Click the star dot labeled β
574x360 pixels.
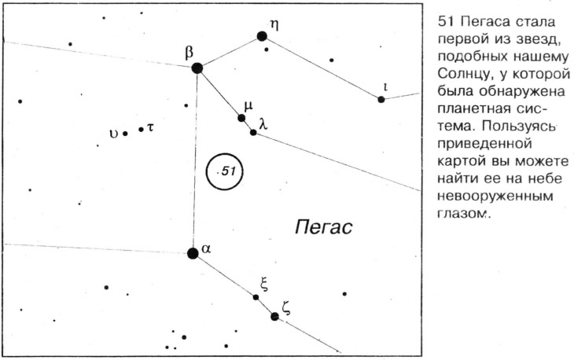tap(197, 68)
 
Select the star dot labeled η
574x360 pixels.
tap(262, 36)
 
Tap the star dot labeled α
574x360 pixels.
tap(193, 253)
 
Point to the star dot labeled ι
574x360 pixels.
tap(381, 99)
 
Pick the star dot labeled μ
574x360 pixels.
tap(241, 118)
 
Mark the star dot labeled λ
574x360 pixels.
tap(253, 132)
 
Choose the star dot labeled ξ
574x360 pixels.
tap(256, 297)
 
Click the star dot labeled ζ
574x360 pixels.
tap(274, 317)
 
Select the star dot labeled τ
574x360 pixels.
tap(141, 129)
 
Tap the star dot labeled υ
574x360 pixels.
tap(125, 134)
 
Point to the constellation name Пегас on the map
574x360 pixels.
tap(324, 227)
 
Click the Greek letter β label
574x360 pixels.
tap(189, 53)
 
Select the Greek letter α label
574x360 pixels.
tap(207, 249)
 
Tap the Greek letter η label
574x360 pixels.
tap(274, 25)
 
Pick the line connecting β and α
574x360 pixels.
tap(195, 160)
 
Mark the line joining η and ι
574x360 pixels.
tap(322, 68)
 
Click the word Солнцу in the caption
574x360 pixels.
tap(462, 74)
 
